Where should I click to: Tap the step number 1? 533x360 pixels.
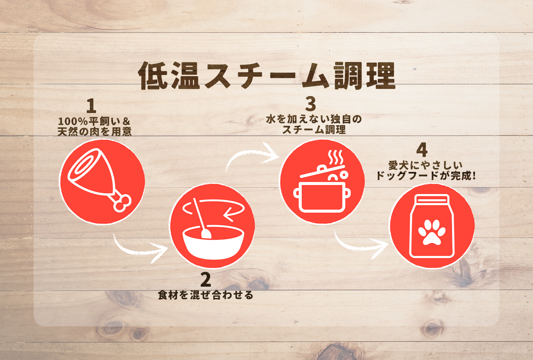(91, 106)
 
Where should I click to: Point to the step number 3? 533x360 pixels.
(310, 104)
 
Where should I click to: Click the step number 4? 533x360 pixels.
(422, 150)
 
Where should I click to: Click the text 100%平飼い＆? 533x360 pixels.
(94, 121)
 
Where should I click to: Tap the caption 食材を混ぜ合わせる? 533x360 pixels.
(205, 295)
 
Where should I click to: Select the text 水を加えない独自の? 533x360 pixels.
(313, 119)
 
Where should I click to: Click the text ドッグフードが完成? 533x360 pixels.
(425, 176)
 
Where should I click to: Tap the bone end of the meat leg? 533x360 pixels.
(122, 203)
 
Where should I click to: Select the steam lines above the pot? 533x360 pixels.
(336, 158)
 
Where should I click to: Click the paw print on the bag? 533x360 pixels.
(431, 232)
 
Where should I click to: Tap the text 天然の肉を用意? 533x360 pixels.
(95, 132)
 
